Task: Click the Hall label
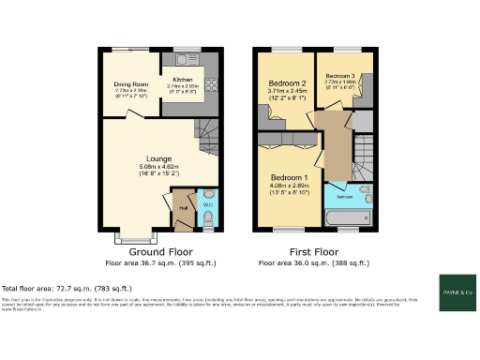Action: pos(184,206)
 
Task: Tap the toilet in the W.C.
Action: pos(208,217)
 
